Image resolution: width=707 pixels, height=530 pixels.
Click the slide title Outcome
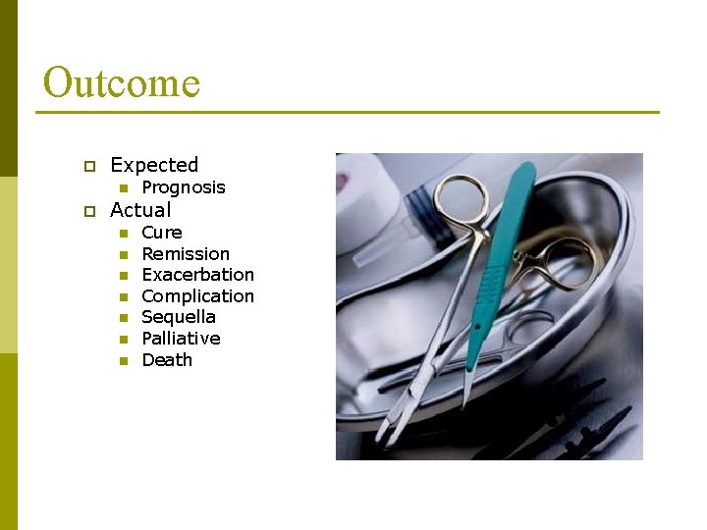pos(122,82)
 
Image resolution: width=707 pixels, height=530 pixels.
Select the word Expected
pos(154,165)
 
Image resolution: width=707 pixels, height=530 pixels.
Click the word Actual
pos(140,210)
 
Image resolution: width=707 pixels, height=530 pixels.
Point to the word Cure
pos(162,233)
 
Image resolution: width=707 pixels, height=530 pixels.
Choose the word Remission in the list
pos(186,254)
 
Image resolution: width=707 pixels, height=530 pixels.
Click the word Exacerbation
pos(197,275)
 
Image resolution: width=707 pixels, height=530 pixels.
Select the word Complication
pos(197,296)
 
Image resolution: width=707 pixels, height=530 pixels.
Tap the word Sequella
pos(179,317)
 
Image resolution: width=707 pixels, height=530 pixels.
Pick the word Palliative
pos(181,339)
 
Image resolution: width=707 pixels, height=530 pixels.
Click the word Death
pos(167,360)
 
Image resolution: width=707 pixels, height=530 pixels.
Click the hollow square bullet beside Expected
pos(87,166)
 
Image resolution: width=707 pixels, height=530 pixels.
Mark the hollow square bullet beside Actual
pos(87,211)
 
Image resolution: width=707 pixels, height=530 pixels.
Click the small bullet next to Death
pos(123,361)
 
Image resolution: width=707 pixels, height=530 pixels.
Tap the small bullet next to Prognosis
pos(123,188)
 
